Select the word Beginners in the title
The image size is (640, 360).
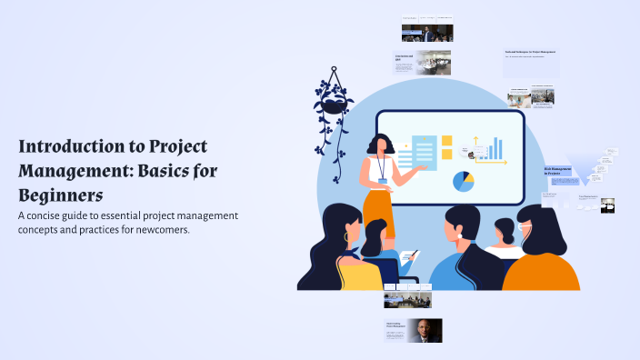coord(60,194)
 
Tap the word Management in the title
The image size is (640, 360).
coord(67,170)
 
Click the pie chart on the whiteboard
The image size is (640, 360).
coord(464,181)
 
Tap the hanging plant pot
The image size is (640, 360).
coord(332,103)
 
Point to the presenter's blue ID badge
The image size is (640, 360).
coord(384,180)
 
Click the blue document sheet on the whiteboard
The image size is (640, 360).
coord(424,150)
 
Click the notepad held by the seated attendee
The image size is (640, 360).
coord(411,256)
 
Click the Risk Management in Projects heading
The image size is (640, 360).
coord(556,171)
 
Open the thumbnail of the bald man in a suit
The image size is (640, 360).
coord(424,330)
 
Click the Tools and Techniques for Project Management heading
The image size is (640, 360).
coord(543,52)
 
